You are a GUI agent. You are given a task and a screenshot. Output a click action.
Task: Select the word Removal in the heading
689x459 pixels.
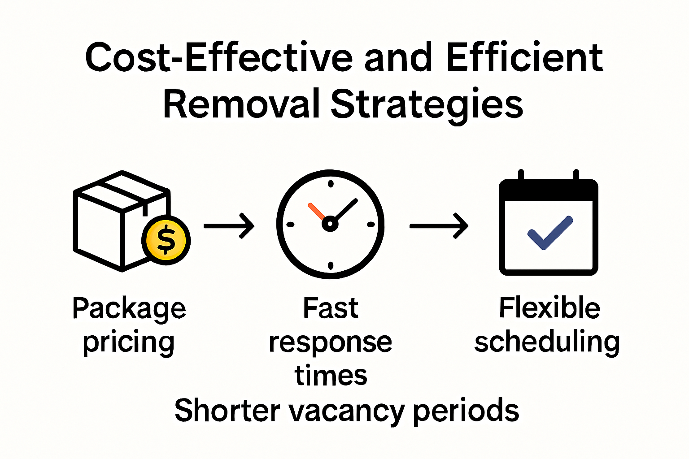pos(241,104)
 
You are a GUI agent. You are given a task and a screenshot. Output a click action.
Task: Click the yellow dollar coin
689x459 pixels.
pos(166,240)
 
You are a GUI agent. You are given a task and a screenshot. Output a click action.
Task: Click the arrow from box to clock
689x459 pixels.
pos(229,225)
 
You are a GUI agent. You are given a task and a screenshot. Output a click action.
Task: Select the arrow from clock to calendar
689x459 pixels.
pos(439,225)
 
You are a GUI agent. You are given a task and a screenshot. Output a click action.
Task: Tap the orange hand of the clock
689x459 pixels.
pos(317,211)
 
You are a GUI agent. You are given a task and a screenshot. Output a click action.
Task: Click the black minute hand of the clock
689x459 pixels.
pos(345,209)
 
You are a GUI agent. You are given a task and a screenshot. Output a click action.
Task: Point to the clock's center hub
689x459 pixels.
pos(330,223)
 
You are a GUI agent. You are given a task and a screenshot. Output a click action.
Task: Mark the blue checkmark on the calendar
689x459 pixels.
pos(550,233)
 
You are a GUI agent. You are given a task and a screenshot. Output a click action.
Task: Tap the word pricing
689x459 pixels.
pos(128,343)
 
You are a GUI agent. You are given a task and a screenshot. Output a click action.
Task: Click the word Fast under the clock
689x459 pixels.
pos(331,308)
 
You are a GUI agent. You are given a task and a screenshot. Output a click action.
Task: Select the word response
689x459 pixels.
pos(331,343)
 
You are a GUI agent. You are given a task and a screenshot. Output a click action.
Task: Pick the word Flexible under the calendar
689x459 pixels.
pos(549,308)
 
